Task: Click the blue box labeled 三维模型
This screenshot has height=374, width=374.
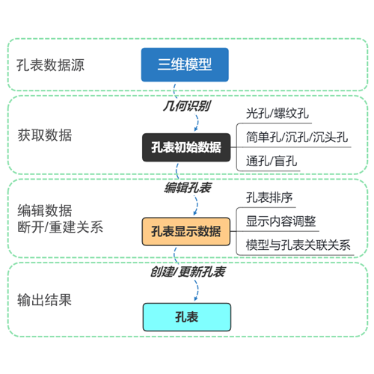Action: point(185,65)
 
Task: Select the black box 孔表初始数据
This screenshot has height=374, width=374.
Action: point(186,147)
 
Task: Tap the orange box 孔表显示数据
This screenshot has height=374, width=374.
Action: point(186,232)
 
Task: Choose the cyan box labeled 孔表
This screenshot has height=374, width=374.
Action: point(187,317)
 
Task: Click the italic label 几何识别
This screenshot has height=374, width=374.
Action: point(187,106)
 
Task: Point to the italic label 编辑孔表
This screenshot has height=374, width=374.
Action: point(188,188)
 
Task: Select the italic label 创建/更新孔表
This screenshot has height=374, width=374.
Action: point(188,272)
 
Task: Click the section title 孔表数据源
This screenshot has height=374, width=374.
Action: point(50,65)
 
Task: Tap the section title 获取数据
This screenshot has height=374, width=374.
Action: point(45,135)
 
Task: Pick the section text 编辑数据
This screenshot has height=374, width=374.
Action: point(45,211)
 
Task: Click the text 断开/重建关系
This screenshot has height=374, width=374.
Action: point(60,227)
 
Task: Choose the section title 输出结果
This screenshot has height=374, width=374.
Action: point(44,300)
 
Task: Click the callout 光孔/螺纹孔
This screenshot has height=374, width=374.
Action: point(278,114)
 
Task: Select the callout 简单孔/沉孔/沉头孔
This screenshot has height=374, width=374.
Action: point(297,137)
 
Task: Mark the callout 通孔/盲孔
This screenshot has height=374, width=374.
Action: point(272,161)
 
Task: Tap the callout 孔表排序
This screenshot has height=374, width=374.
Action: point(269,197)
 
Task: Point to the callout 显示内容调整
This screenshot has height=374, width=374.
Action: point(281,221)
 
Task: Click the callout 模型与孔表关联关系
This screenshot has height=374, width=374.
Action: point(298,245)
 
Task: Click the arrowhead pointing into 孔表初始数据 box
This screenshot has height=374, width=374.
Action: point(196,129)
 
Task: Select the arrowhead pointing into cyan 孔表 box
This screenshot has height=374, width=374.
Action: point(196,298)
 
